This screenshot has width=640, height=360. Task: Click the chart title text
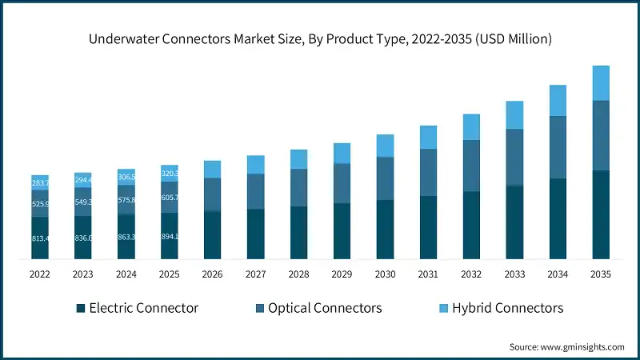[x=320, y=38]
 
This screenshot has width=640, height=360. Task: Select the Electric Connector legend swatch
[x=80, y=308]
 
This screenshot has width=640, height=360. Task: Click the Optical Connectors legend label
[x=325, y=308]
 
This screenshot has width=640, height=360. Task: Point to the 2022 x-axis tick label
[x=40, y=274]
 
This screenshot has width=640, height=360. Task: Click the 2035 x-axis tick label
[x=601, y=274]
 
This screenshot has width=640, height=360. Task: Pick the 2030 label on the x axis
[x=385, y=274]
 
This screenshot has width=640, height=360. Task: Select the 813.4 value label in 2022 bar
[x=40, y=238]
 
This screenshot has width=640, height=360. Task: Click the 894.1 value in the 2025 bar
[x=170, y=236]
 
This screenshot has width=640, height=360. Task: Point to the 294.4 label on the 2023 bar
[x=83, y=180]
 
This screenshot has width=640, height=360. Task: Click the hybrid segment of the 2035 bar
[x=601, y=83]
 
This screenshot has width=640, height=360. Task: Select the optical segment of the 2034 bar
[x=558, y=147]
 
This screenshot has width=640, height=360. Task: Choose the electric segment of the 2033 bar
[x=514, y=222]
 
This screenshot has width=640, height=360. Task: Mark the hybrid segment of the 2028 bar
[x=298, y=159]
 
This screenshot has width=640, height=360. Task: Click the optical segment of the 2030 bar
[x=385, y=178]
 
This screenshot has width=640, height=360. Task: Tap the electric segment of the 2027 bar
[x=255, y=234]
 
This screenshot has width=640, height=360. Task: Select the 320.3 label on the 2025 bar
[x=170, y=173]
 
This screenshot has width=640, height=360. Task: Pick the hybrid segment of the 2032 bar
[x=471, y=127]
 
